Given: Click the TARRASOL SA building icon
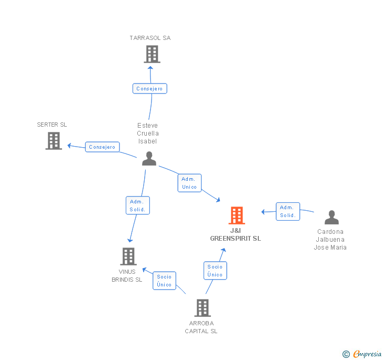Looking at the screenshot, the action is [x=152, y=54].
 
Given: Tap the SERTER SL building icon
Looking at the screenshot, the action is [x=54, y=141].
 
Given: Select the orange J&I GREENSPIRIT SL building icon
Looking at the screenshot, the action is [x=237, y=215].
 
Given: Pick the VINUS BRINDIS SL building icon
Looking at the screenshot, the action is [x=128, y=256].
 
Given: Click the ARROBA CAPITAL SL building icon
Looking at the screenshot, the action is [x=203, y=308].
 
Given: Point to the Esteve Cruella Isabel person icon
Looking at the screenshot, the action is [x=149, y=159].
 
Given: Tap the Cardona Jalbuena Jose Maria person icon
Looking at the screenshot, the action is [x=331, y=217].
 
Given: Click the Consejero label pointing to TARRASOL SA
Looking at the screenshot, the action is [x=150, y=89].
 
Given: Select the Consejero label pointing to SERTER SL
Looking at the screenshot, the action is [x=102, y=147].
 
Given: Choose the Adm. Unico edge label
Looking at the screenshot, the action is [x=189, y=183].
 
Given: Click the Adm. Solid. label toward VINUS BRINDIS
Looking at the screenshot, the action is [x=138, y=205].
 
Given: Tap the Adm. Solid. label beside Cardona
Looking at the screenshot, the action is [x=288, y=211].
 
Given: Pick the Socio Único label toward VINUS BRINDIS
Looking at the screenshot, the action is [x=164, y=281].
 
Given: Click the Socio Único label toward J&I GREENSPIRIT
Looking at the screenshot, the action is [x=215, y=271].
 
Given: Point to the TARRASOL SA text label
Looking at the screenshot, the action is [x=150, y=38].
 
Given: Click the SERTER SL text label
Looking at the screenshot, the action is [x=52, y=125].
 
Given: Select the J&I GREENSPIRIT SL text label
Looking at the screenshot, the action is [x=235, y=234].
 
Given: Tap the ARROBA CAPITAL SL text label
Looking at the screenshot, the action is [x=201, y=327].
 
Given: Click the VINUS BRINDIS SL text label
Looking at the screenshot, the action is [x=127, y=275].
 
